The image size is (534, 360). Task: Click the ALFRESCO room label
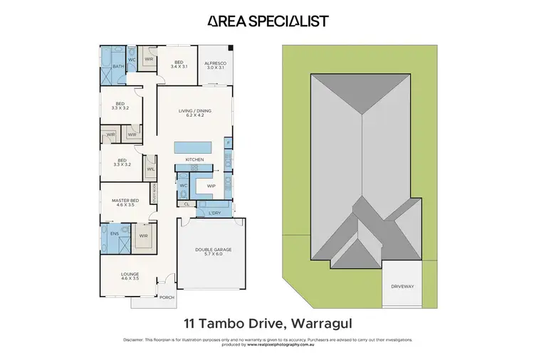click(216, 62)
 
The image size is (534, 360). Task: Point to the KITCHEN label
click(194, 159)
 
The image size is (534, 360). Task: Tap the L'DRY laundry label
click(215, 213)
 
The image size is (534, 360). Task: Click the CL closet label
click(186, 203)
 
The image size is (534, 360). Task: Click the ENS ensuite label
click(114, 233)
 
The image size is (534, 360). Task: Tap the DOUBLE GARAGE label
click(214, 250)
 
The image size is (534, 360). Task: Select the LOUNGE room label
click(130, 274)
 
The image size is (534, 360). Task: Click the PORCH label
click(167, 297)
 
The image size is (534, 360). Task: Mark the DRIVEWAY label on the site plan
click(402, 287)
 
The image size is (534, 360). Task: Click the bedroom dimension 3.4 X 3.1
click(179, 67)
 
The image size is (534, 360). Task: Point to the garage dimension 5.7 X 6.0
click(214, 255)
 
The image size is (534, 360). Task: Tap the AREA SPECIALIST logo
click(267, 21)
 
